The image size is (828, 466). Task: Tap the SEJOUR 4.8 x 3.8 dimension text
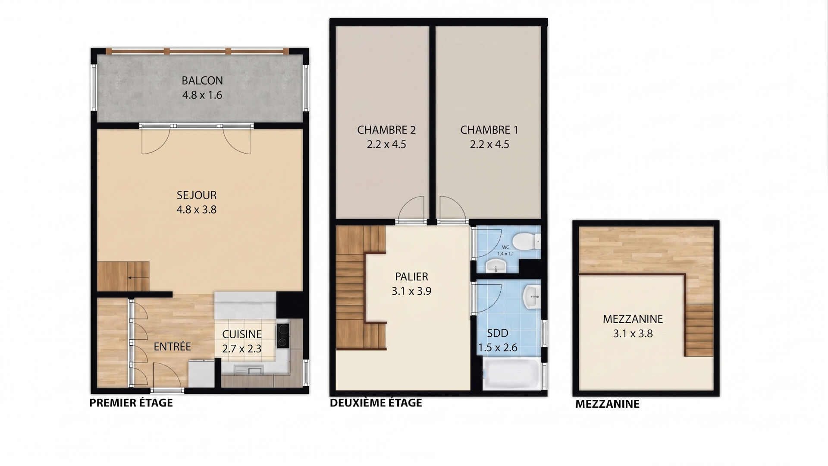(197, 210)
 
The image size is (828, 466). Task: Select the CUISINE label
(242, 334)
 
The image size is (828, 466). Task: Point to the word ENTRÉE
(172, 346)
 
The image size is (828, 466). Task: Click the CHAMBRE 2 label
(386, 130)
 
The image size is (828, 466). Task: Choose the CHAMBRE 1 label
(489, 130)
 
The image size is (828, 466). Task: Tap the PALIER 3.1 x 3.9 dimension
(411, 291)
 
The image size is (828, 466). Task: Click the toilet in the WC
(528, 241)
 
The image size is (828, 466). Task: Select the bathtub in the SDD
(511, 375)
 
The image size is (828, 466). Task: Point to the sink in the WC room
(496, 266)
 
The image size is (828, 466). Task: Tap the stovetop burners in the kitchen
(283, 336)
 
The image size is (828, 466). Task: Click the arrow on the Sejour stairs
(133, 278)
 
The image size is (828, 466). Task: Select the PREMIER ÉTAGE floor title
(131, 403)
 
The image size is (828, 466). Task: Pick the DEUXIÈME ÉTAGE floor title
(376, 403)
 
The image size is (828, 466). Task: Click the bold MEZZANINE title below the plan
(608, 404)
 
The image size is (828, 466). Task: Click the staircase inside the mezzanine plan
(699, 330)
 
